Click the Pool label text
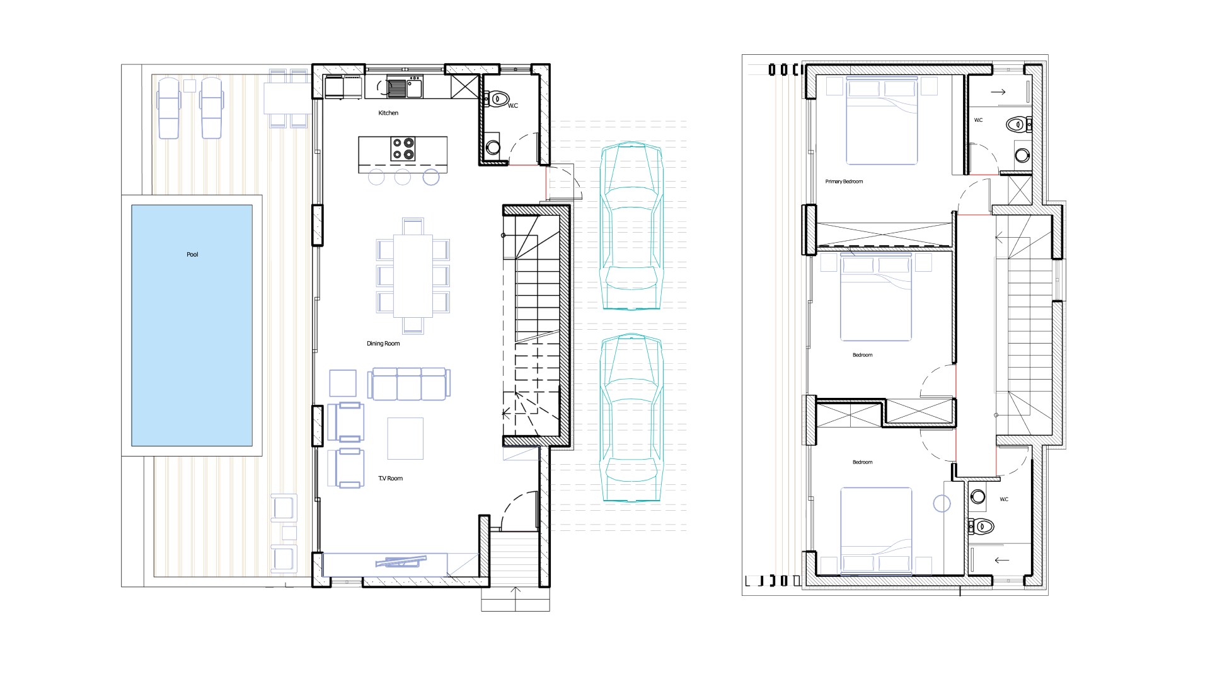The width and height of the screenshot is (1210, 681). coord(192,255)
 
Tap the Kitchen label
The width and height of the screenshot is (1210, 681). coord(388,113)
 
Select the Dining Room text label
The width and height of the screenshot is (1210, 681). coord(383,344)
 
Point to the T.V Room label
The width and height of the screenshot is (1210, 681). coord(390,479)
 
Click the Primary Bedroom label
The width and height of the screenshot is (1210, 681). coord(844,182)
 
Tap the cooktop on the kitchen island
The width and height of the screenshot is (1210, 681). coord(403,148)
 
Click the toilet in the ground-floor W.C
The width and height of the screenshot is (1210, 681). coord(497,99)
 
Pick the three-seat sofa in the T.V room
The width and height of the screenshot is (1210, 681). coord(409,384)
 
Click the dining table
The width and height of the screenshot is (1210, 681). coord(413,276)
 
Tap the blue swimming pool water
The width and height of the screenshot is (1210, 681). coord(192,325)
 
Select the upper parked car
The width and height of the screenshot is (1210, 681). coord(631,226)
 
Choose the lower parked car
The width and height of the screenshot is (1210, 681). coord(631,417)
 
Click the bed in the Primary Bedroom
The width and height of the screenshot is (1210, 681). coord(882,120)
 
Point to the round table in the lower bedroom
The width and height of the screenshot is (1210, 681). coord(942,503)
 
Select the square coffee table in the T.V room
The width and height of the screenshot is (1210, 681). coord(405,438)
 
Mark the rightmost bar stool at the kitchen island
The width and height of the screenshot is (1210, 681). coord(431,177)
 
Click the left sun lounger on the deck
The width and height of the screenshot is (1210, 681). coord(169,108)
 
